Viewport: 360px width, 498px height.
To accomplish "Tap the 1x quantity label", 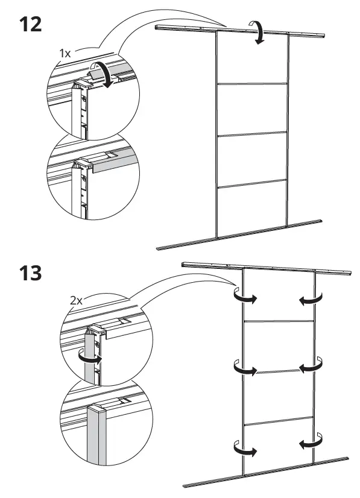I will tap(65, 54).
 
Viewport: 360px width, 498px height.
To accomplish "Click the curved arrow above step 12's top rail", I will tap(259, 31).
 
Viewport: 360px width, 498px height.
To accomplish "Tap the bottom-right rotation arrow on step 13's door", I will tap(311, 446).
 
